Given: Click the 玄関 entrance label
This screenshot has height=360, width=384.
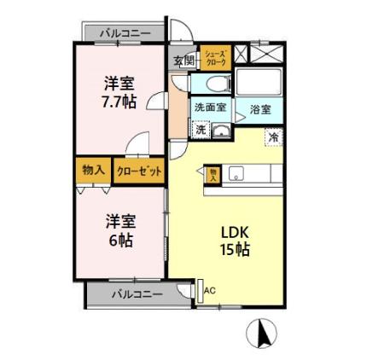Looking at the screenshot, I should (183, 61).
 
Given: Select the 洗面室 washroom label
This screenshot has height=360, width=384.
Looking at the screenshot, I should (209, 107).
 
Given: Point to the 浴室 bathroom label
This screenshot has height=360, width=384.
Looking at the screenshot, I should (260, 109).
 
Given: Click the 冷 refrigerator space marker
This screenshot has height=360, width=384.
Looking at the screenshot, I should (274, 136).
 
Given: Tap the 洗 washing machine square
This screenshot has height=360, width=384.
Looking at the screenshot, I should (200, 130).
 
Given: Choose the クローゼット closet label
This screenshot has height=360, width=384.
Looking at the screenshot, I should (139, 171).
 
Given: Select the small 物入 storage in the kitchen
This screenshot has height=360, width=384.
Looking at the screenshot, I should (213, 174).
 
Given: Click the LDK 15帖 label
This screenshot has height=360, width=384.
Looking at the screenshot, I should (236, 241).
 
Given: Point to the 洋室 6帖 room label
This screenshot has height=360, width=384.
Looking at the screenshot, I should (119, 229).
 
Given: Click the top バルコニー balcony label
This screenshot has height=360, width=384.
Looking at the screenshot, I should (125, 33).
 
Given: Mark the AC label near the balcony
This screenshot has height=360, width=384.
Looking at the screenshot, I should (210, 290).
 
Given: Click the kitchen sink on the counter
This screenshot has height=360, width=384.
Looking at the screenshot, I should (236, 173).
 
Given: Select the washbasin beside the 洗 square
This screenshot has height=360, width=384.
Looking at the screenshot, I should (221, 131).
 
